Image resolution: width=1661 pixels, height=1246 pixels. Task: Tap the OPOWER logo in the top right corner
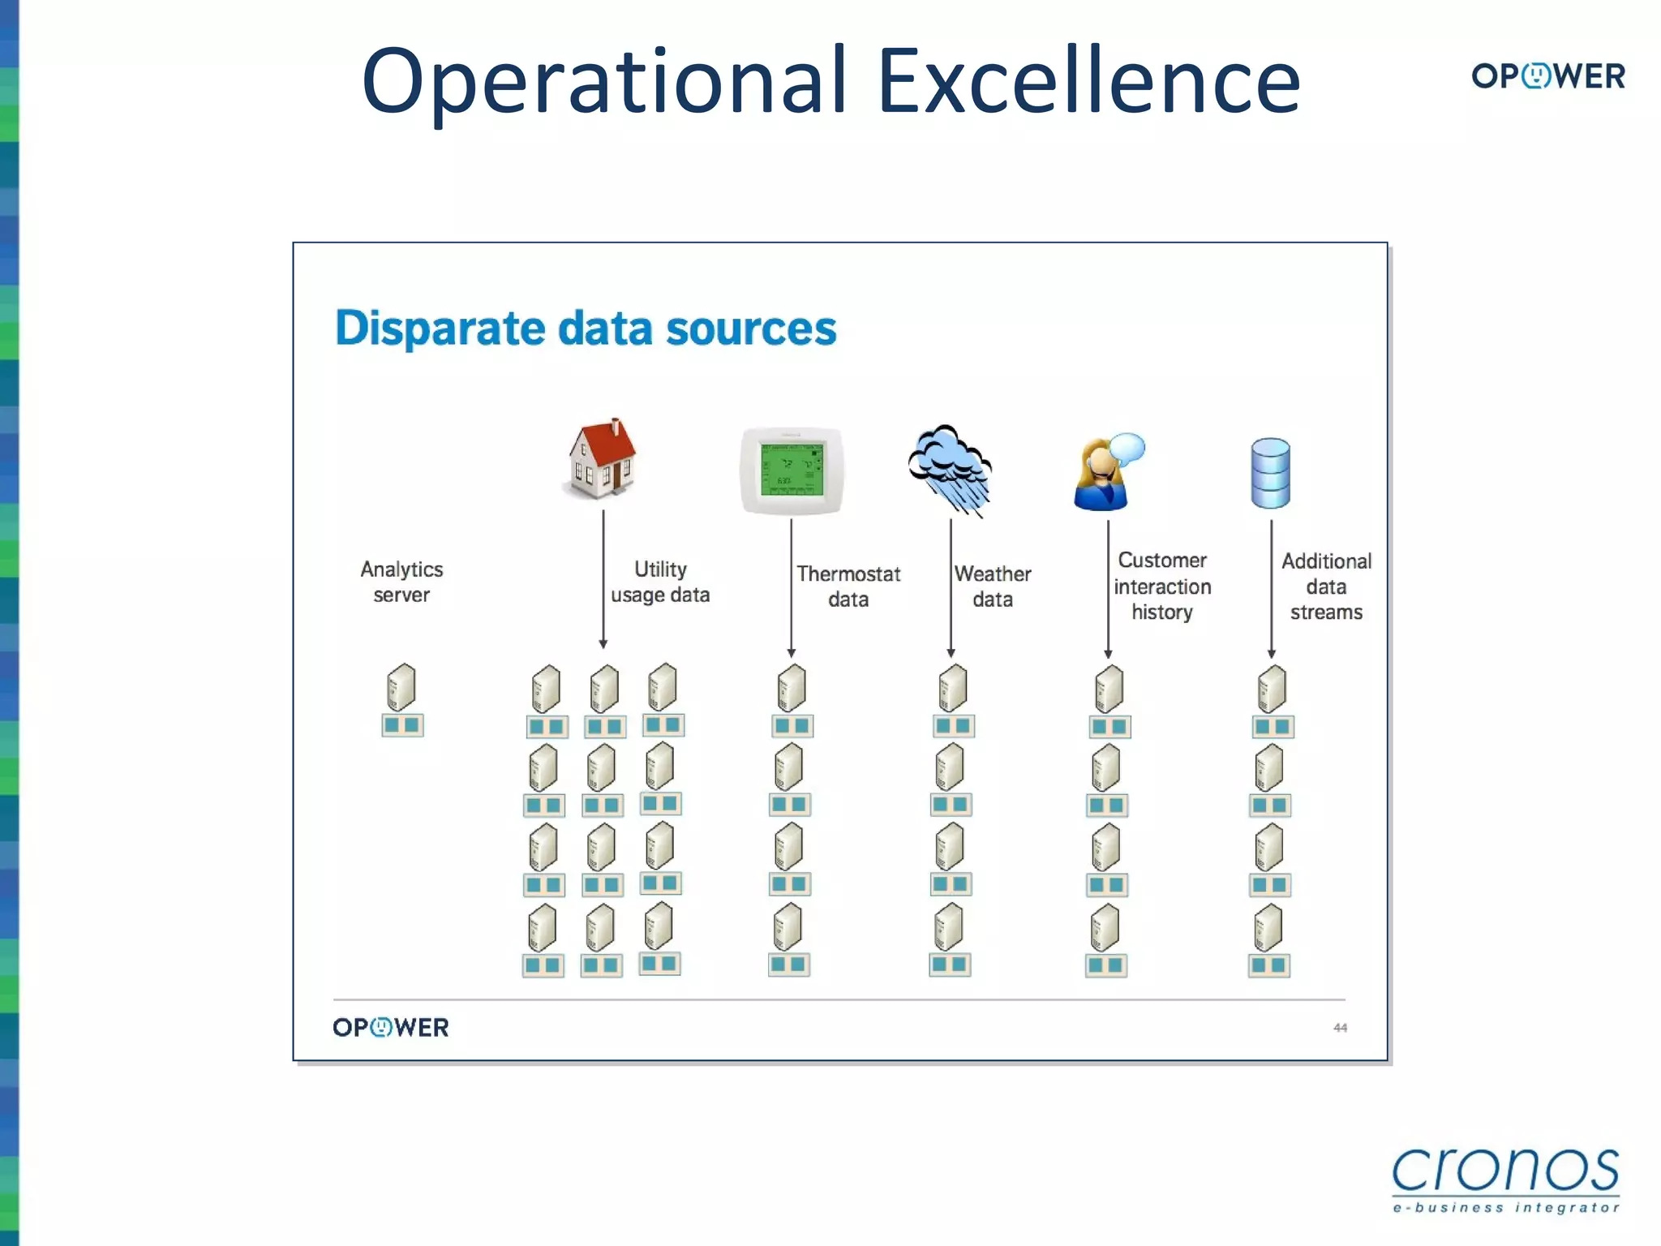click(x=1547, y=76)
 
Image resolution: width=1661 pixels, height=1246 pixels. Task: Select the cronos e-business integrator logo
click(x=1505, y=1179)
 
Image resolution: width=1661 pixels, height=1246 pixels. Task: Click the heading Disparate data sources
click(x=586, y=329)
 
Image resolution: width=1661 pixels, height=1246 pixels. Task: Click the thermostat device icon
click(x=792, y=471)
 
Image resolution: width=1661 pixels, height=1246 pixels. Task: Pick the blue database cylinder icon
click(x=1270, y=473)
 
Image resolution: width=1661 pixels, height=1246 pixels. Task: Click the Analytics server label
click(x=401, y=582)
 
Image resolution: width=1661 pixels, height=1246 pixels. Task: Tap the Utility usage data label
click(x=660, y=582)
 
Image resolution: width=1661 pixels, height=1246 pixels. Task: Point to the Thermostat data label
click(x=848, y=586)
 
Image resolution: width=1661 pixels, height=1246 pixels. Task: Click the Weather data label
click(x=993, y=586)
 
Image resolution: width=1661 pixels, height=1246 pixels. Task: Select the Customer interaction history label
click(x=1162, y=586)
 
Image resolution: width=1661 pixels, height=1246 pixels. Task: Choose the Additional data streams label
click(x=1326, y=586)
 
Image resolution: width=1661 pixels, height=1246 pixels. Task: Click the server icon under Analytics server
click(x=401, y=688)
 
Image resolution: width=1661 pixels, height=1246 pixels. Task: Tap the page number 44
click(x=1340, y=1028)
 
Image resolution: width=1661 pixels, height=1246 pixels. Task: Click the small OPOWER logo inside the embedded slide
click(x=391, y=1028)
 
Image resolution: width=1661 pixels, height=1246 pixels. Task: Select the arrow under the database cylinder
click(x=1271, y=588)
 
